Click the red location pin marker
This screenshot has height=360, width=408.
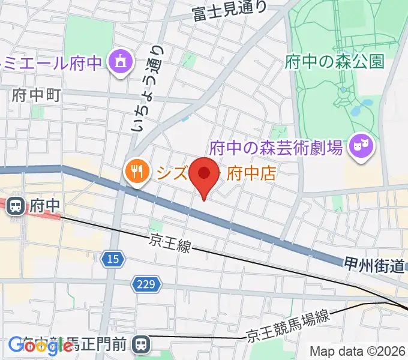click(204, 174)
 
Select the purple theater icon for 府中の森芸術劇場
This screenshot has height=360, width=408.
click(361, 145)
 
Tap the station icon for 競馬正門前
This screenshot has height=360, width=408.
click(141, 344)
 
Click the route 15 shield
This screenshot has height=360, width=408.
click(112, 259)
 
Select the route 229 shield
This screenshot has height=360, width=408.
click(146, 284)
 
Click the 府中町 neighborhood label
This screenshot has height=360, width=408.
click(36, 95)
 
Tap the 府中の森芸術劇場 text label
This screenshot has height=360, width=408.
click(276, 147)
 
